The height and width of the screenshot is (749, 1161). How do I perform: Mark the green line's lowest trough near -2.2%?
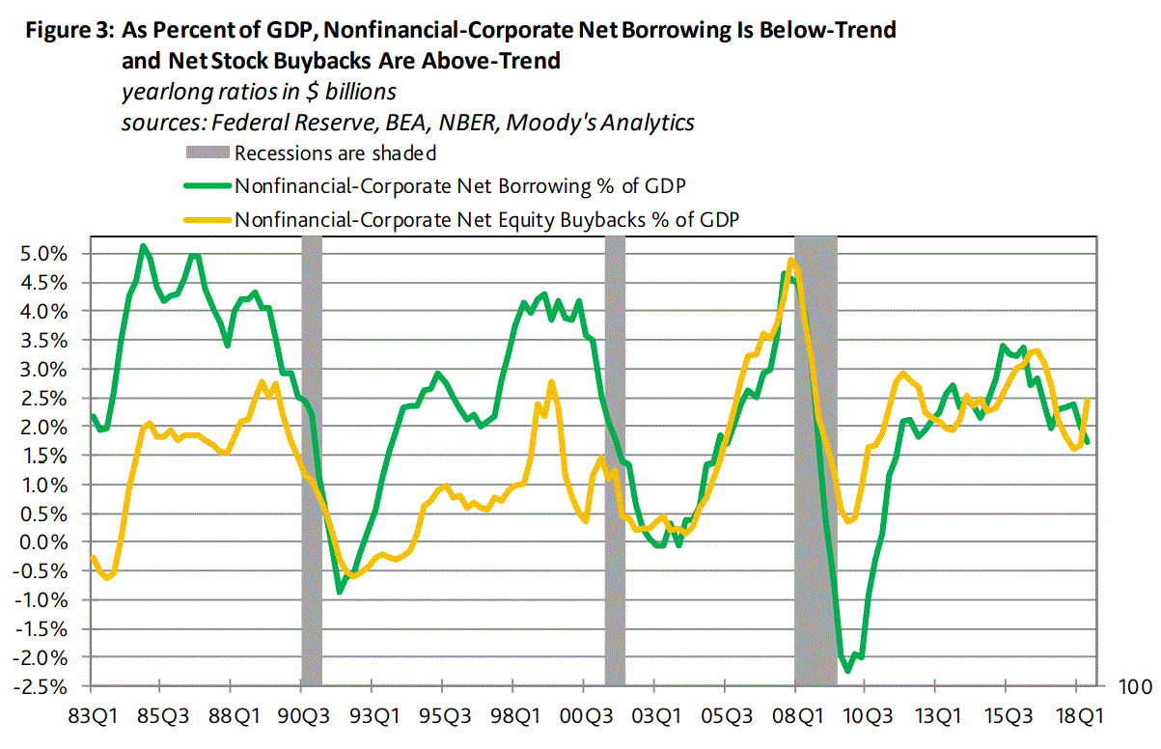coord(848,671)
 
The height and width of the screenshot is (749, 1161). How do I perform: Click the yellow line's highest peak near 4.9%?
coord(791,261)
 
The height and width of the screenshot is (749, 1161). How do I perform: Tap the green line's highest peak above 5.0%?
coord(143,246)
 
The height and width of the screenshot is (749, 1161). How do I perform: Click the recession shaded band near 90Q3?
coord(311,463)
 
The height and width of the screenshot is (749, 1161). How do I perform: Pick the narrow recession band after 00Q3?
coord(615,463)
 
